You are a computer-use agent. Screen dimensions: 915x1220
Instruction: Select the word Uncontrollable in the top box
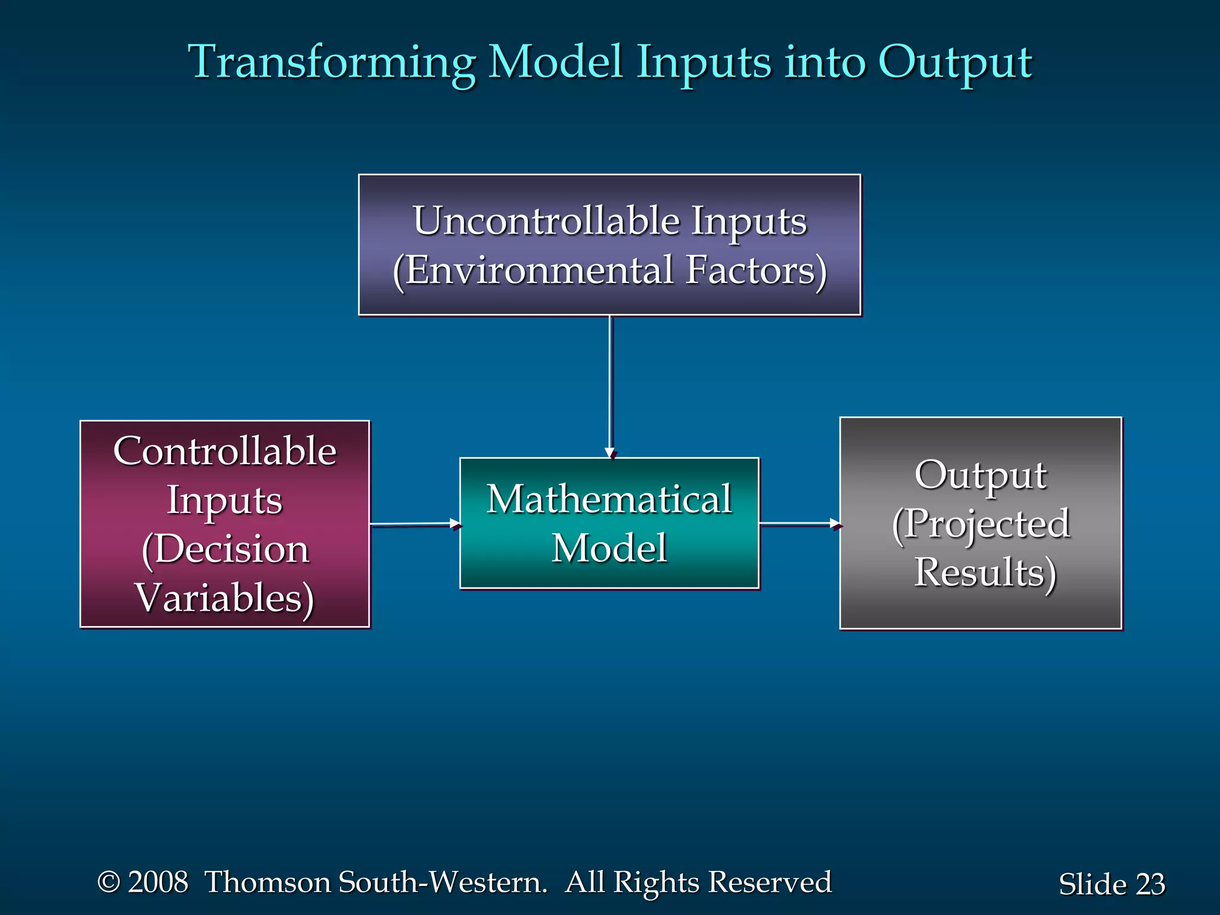[x=546, y=221]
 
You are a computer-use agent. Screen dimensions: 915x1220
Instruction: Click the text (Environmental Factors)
[x=610, y=270]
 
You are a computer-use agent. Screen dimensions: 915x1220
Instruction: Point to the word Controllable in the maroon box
[x=225, y=451]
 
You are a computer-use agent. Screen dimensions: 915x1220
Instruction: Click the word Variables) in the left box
[x=225, y=597]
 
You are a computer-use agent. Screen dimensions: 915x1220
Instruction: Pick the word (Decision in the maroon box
[x=225, y=549]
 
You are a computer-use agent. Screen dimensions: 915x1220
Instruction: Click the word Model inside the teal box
[x=609, y=548]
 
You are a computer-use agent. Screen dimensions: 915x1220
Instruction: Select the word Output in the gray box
[x=980, y=475]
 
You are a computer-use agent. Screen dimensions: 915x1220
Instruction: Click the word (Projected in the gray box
[x=981, y=524]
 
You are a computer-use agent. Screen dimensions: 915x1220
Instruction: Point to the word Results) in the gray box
[x=985, y=572]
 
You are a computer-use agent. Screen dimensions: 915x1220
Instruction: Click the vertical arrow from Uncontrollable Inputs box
[x=610, y=387]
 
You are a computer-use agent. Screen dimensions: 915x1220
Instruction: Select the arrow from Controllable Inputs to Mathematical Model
[x=415, y=524]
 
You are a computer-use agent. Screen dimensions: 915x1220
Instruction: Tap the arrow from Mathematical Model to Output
[x=799, y=524]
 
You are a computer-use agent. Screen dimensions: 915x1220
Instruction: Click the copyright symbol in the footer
[x=108, y=882]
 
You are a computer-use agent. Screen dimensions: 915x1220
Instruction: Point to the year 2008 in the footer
[x=158, y=882]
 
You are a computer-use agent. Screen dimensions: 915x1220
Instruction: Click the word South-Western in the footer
[x=442, y=882]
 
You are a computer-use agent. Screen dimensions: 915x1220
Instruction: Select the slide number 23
[x=1150, y=885]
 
